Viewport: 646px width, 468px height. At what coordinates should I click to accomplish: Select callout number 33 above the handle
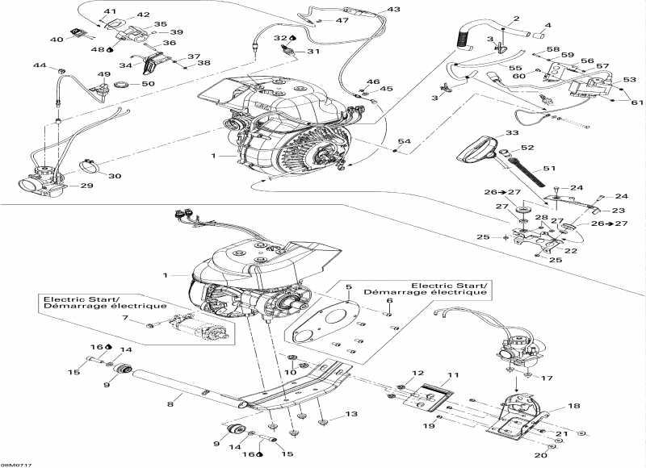[x=512, y=132]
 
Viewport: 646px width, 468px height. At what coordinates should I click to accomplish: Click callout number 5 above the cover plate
[x=349, y=287]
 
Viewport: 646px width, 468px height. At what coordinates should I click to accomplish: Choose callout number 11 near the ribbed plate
[x=453, y=376]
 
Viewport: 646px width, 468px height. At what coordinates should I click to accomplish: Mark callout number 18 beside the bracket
[x=125, y=320]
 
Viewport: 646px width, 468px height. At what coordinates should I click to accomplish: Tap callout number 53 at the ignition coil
[x=630, y=80]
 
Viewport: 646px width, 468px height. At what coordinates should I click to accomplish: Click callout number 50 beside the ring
[x=148, y=84]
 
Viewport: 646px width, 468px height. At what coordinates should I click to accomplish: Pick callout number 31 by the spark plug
[x=313, y=52]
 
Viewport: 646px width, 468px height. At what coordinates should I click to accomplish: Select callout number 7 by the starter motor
[x=125, y=320]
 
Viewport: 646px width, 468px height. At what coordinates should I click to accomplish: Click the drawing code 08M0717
[x=13, y=463]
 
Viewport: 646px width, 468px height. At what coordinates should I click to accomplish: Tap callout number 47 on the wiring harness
[x=342, y=20]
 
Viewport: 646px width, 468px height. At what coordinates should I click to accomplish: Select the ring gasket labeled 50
[x=124, y=85]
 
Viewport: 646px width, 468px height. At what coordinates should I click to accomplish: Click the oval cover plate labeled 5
[x=323, y=323]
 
